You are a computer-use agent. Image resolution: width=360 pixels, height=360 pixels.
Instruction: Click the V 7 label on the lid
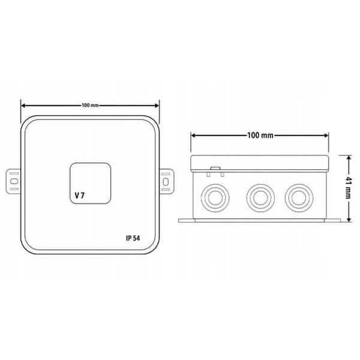[80, 196]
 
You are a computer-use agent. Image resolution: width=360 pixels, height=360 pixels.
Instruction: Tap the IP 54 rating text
[133, 238]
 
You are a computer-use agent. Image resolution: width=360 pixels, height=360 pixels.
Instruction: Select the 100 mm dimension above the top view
[90, 106]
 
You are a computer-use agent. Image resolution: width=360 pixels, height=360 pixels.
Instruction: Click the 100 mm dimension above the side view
[260, 135]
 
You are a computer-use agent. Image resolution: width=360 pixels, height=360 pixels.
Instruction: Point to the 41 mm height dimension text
[349, 188]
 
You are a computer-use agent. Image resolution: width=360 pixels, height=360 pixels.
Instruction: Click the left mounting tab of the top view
[13, 181]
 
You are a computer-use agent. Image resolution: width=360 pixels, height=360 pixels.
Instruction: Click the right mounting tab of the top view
[166, 181]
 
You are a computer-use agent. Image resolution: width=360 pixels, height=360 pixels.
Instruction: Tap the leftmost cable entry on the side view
[215, 198]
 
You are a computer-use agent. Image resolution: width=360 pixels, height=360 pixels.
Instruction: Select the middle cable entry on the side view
[260, 198]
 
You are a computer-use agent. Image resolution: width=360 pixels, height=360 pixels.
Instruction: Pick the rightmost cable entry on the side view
[299, 198]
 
